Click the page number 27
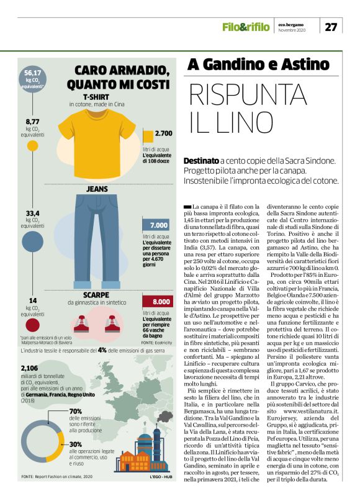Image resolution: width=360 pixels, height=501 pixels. pos(331,27)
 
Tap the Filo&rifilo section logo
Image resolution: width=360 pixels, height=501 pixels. pos(245,27)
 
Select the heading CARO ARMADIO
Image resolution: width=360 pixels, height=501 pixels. pos(122,70)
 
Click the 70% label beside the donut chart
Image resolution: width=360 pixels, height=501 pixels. pos(76,412)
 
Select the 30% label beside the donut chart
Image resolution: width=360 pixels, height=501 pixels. pos(76,444)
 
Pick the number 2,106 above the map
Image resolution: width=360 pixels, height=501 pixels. pos(32,368)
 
